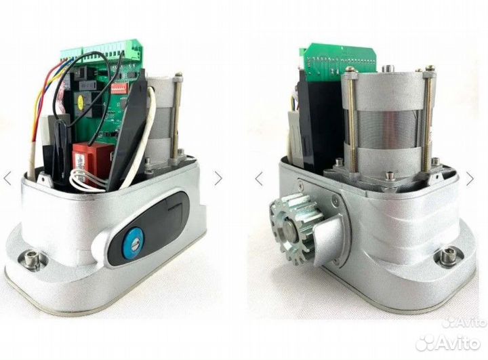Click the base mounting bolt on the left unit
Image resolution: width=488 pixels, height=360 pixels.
coord(30,258)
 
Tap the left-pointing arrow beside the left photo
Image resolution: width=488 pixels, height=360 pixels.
coord(7,178)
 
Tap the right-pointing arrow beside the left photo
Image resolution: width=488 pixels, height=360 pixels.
coord(218,178)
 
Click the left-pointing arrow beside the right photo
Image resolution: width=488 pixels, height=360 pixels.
coord(259,179)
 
